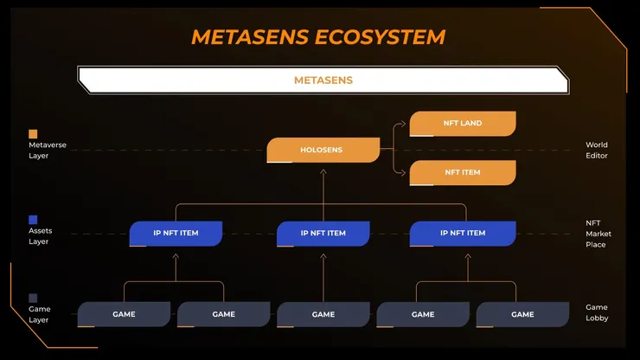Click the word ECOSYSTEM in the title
coord(380,37)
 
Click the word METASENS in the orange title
coord(250,37)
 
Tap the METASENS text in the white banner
coord(323,80)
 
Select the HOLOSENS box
coord(323,150)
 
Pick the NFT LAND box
coord(463,124)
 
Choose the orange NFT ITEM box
coord(463,173)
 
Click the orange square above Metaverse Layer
coord(33,134)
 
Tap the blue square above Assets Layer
coord(33,220)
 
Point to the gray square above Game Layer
coord(33,298)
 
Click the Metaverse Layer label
coord(48,150)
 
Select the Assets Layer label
coord(41,235)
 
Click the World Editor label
coord(597,150)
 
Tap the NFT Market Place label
coord(598,234)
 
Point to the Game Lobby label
coord(597,312)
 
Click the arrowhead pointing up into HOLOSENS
coord(323,171)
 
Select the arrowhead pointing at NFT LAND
coord(403,124)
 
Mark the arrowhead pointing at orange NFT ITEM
coord(403,173)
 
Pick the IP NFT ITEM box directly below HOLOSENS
coord(323,234)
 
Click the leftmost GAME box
coord(124,314)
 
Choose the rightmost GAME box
coord(523,314)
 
